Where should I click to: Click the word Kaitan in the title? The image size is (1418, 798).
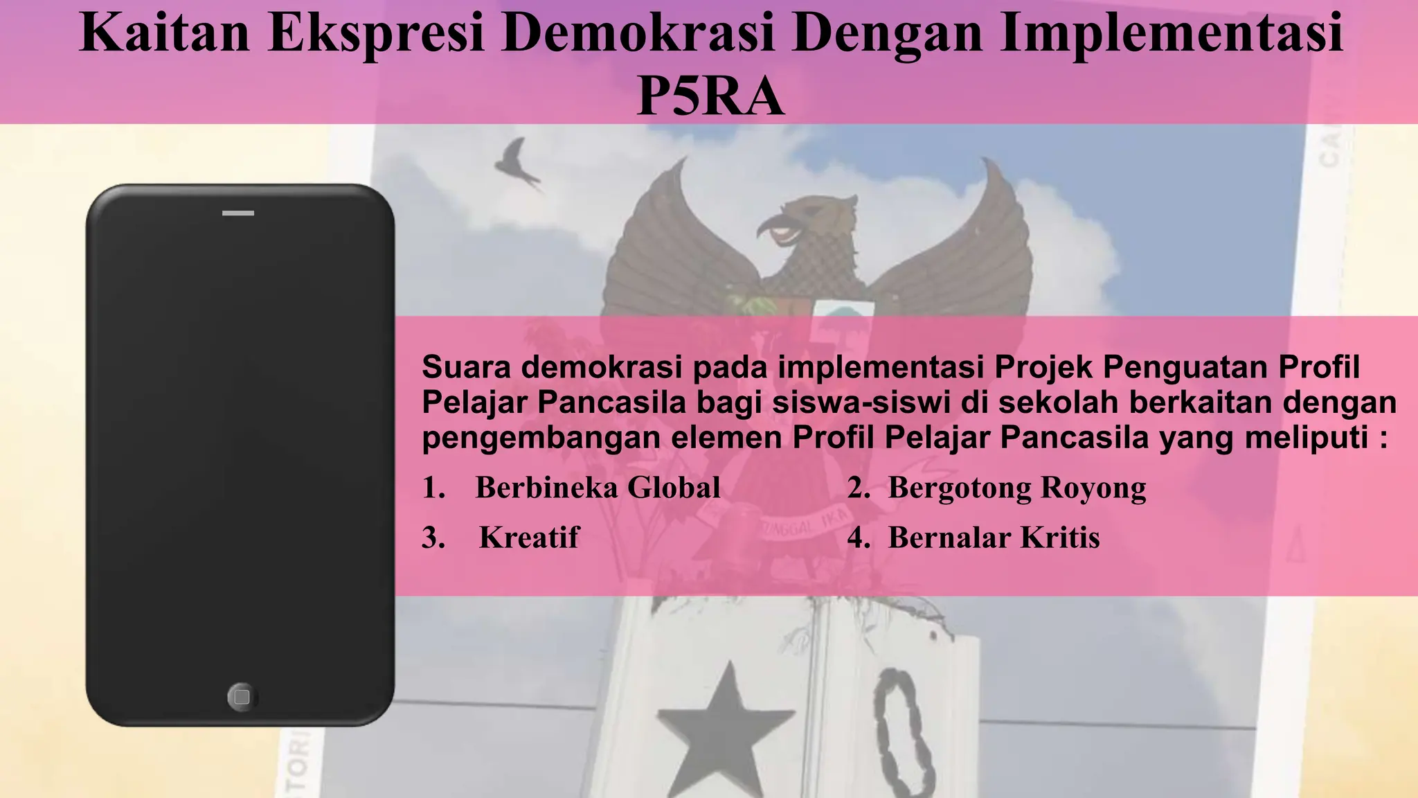click(x=165, y=33)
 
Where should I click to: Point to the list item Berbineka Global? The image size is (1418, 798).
click(x=598, y=488)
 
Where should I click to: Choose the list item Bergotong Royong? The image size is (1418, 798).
click(x=1016, y=488)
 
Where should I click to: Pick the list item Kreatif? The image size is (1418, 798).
click(x=529, y=538)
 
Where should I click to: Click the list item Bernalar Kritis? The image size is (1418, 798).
click(x=994, y=538)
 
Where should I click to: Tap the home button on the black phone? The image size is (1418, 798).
click(x=242, y=696)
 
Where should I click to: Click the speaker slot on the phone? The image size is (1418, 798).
click(x=238, y=213)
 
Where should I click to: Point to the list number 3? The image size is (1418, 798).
click(x=433, y=538)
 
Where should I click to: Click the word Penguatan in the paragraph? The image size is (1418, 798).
click(x=1185, y=367)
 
